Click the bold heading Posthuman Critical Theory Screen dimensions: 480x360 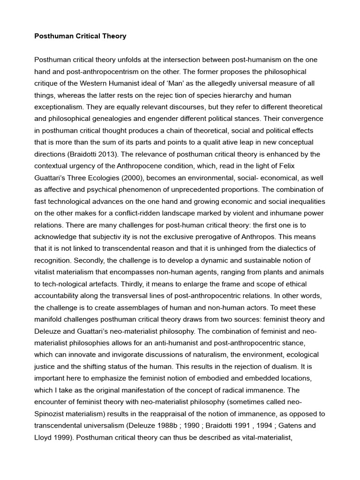click(x=80, y=36)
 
